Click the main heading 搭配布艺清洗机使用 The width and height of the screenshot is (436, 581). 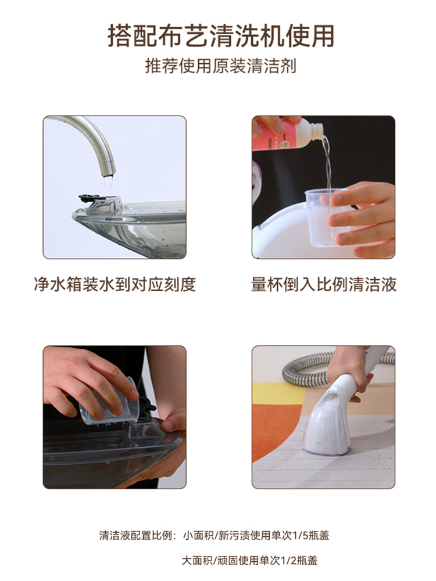click(x=221, y=35)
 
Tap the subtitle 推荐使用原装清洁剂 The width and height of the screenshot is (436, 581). click(x=220, y=66)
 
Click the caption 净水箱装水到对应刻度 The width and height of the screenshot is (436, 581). click(x=115, y=284)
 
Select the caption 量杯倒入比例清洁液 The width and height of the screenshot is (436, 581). click(x=324, y=284)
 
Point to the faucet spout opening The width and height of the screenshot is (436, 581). click(x=108, y=174)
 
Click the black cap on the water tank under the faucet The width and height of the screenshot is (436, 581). click(x=92, y=198)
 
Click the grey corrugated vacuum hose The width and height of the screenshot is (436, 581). click(x=315, y=371)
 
